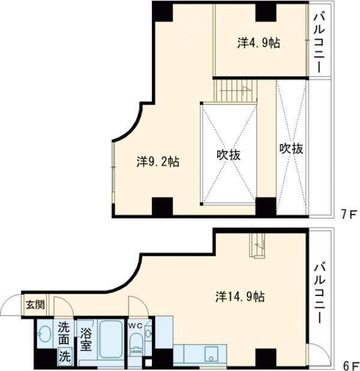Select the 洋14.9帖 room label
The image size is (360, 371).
pyautogui.click(x=240, y=296)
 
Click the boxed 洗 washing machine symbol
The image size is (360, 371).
pyautogui.click(x=64, y=355)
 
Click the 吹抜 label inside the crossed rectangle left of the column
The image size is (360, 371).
pyautogui.click(x=229, y=154)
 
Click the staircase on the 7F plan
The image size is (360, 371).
pyautogui.click(x=235, y=91)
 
